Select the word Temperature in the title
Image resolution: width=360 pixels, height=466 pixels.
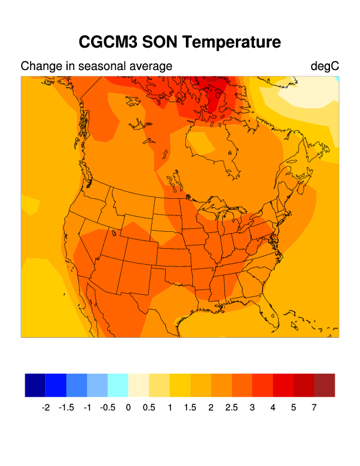232,42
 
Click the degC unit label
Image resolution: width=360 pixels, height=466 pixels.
325,66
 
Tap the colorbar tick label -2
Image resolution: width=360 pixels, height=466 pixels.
46,407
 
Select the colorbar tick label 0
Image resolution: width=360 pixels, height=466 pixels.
128,407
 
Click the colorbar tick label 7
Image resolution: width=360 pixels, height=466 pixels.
314,407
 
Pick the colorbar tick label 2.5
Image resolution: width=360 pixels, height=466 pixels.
232,407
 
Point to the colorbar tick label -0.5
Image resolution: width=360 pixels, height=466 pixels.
108,407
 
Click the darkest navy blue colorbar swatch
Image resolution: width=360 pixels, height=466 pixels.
35,385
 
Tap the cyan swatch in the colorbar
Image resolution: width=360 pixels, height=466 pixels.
118,385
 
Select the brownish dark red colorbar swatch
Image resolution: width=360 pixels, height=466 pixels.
325,385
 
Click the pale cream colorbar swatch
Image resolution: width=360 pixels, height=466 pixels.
139,385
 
